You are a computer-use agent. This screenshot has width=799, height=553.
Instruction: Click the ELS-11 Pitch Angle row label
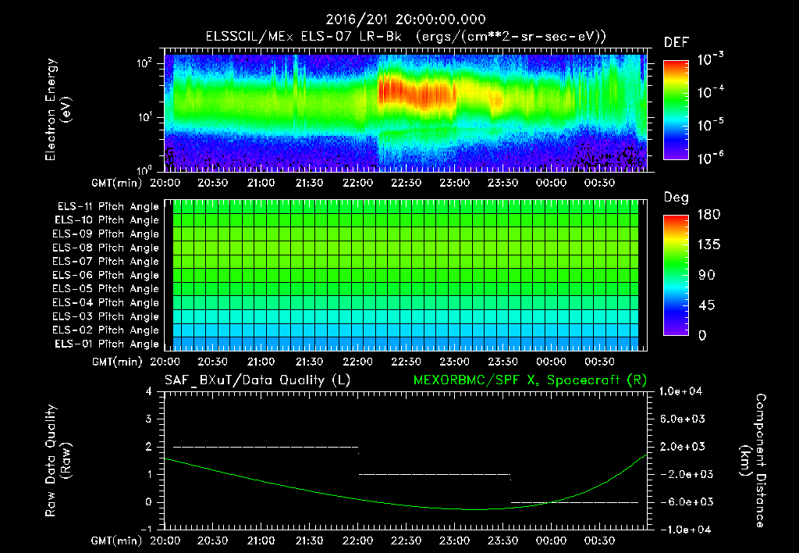pos(108,206)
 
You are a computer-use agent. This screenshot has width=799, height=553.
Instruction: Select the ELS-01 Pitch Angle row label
pos(108,344)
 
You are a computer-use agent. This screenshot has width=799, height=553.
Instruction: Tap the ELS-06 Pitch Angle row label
pos(108,275)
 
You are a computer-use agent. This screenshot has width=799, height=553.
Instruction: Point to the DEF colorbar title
pos(676,42)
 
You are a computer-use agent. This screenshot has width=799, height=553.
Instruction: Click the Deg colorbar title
pos(676,197)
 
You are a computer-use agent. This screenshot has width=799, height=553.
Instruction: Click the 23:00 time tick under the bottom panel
pos(455,540)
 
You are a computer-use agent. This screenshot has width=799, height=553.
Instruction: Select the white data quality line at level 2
pos(265,447)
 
